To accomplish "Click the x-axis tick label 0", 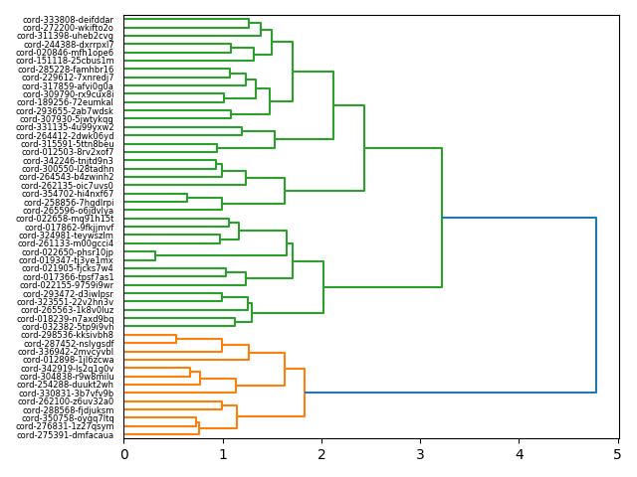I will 124,455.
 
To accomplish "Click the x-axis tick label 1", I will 223,455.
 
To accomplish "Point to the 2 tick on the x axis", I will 321,455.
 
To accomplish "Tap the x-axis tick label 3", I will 420,455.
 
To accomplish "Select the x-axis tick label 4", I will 519,455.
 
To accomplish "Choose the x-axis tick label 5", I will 617,455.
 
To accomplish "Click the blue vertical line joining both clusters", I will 596,304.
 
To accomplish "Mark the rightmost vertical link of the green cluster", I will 442,217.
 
